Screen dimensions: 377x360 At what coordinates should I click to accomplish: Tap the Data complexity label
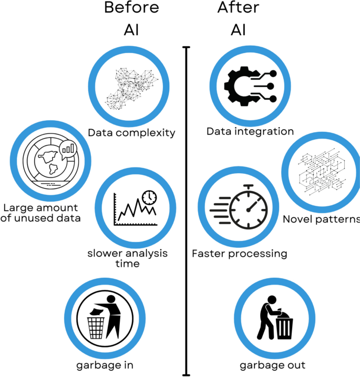[131, 132]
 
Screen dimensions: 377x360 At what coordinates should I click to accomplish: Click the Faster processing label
[240, 254]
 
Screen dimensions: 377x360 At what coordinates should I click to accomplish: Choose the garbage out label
[272, 365]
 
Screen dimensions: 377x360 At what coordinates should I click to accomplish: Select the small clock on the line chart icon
[150, 197]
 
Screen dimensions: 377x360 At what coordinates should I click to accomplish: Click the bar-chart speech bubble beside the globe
[68, 150]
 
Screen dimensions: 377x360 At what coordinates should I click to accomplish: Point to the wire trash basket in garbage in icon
[96, 327]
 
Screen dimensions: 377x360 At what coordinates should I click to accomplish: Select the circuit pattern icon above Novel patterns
[322, 171]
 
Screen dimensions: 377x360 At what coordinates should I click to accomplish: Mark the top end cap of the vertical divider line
[186, 48]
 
